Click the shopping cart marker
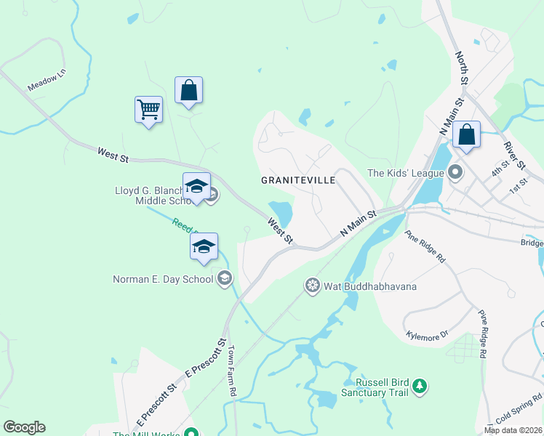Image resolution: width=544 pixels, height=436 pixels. (x=148, y=110)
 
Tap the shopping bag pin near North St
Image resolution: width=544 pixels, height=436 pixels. (x=466, y=135)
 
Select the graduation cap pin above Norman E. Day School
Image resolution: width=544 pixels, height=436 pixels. (x=204, y=247)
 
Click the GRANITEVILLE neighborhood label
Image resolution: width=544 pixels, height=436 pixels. (x=298, y=179)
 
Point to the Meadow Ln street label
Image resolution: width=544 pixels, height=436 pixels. (x=46, y=80)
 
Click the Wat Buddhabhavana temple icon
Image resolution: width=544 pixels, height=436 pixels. (x=313, y=286)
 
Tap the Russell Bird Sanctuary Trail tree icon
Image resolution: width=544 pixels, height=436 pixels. (x=419, y=386)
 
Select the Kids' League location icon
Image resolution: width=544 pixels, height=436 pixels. (x=455, y=173)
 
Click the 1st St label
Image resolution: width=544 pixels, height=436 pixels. (x=518, y=188)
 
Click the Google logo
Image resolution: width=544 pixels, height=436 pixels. (x=24, y=427)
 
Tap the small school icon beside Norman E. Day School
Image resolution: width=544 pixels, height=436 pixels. (x=225, y=278)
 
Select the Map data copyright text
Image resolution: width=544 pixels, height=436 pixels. (x=513, y=430)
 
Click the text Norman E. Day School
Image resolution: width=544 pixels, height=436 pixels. (x=163, y=279)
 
